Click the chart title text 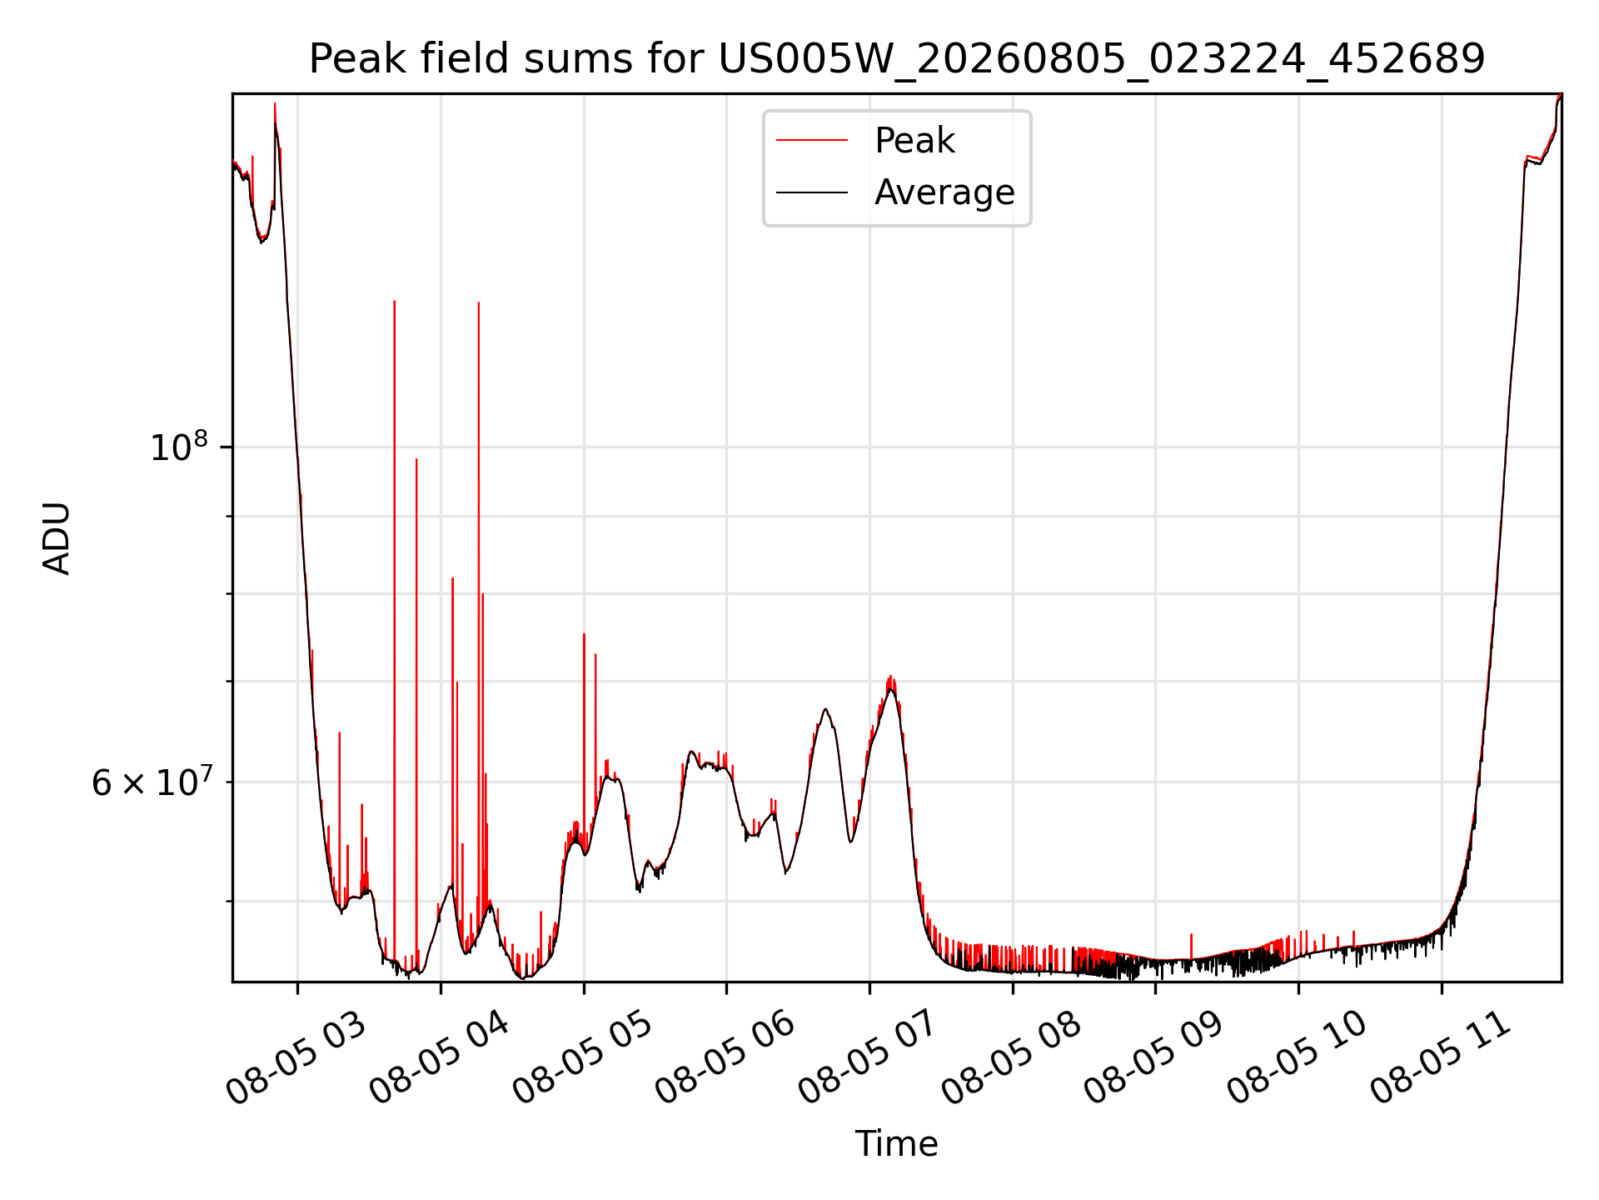click(x=897, y=59)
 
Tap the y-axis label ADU click(x=57, y=538)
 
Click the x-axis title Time click(x=896, y=1144)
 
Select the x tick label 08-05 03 click(x=296, y=1058)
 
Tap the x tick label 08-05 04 click(x=439, y=1058)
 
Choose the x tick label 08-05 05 click(x=582, y=1058)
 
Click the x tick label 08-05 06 click(x=725, y=1058)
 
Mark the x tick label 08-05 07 click(x=869, y=1058)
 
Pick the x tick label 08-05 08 click(x=1012, y=1058)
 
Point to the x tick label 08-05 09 click(x=1154, y=1058)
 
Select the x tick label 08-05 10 click(x=1298, y=1058)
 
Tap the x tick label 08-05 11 click(x=1441, y=1058)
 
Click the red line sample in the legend click(x=812, y=141)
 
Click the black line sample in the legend click(x=812, y=192)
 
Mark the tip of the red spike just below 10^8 click(x=416, y=458)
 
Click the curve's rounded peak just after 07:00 click(x=891, y=689)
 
